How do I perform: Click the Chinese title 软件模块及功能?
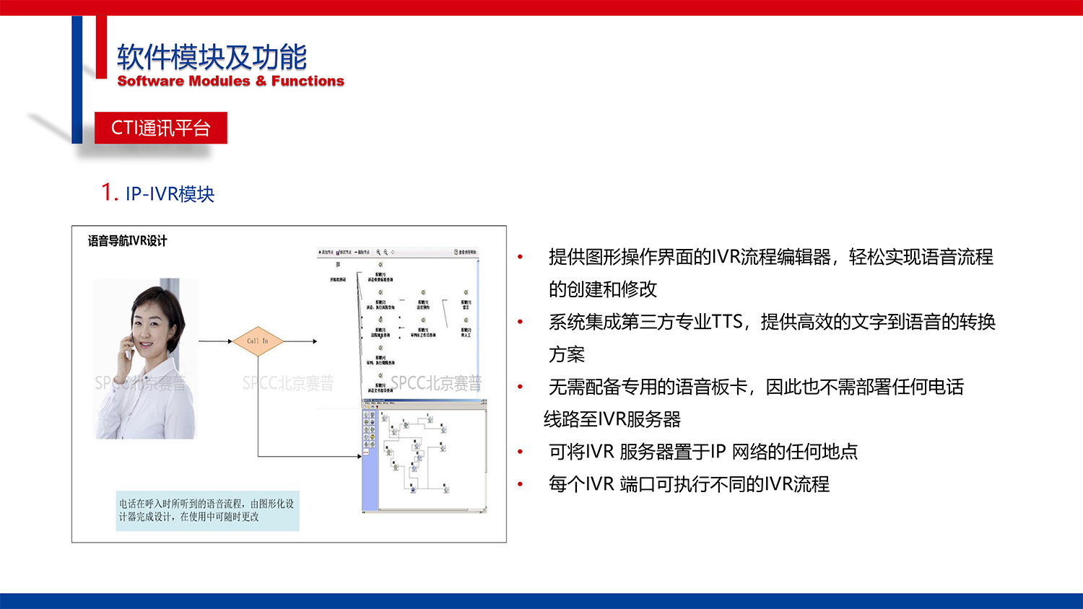click(x=212, y=56)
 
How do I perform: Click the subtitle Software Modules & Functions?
click(x=231, y=81)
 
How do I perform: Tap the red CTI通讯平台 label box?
click(x=160, y=128)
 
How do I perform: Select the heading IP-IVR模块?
click(x=170, y=194)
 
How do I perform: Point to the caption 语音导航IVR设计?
click(x=127, y=241)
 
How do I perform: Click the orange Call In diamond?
click(x=257, y=341)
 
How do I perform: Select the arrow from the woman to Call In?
click(x=215, y=341)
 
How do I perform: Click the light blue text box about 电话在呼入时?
click(x=207, y=510)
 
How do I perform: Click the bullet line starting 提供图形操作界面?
click(x=770, y=257)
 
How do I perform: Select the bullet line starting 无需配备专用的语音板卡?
click(x=756, y=387)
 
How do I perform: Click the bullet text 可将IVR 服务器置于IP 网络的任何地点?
click(x=703, y=452)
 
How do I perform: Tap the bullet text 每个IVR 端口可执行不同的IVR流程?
click(x=689, y=484)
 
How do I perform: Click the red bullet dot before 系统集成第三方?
click(x=520, y=322)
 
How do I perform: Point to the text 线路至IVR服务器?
click(x=612, y=419)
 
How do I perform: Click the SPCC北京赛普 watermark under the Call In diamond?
click(x=288, y=383)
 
